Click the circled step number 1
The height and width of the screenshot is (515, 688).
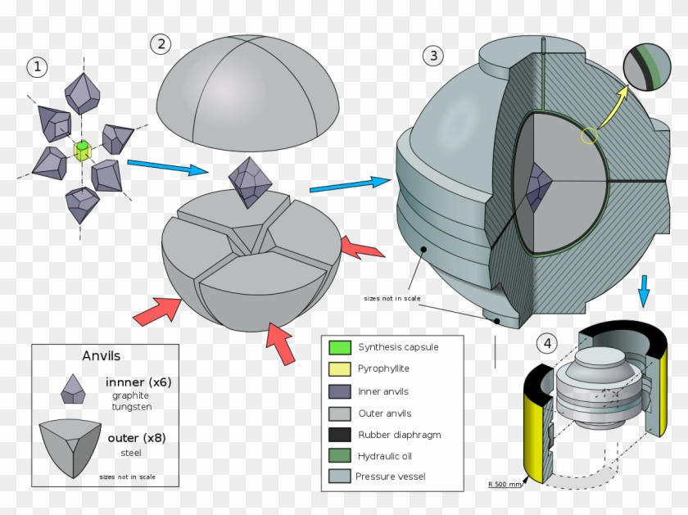coord(37,67)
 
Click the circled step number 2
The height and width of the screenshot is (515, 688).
coord(161,44)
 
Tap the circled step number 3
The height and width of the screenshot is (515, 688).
coord(433,56)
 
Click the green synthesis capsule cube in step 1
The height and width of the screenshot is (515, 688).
coord(82,150)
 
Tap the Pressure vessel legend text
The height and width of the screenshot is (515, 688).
coord(392,477)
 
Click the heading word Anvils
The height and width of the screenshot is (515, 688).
coord(102,355)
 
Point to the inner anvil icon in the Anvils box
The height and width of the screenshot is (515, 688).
coord(73,390)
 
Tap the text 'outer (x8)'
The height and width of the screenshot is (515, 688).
coord(137,438)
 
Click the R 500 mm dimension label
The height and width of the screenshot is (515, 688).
coord(505,485)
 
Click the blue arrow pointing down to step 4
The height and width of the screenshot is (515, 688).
coord(644,291)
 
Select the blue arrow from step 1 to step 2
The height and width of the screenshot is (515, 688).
coord(168,167)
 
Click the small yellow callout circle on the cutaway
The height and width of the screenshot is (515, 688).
coord(589,135)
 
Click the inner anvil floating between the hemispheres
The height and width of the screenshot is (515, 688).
coord(251,182)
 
